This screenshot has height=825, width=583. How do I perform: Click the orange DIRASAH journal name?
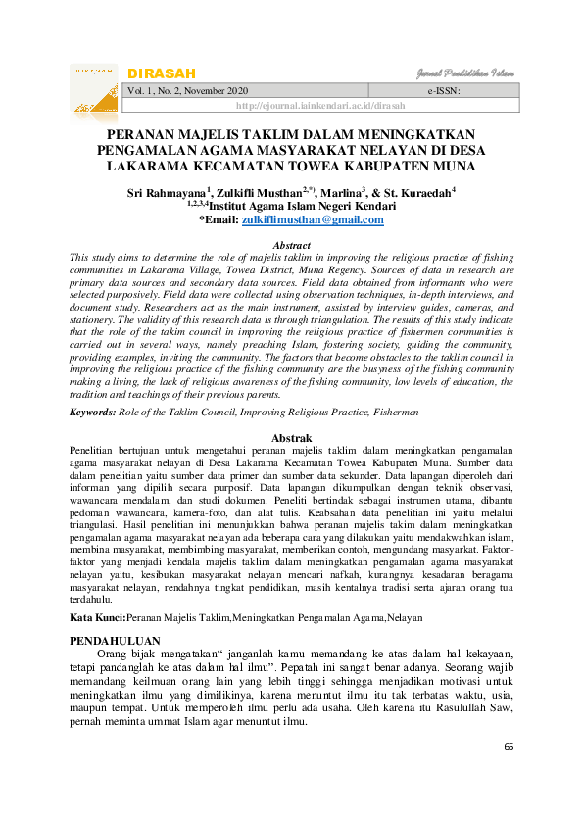click(x=162, y=74)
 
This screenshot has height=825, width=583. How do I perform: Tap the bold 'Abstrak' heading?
click(x=290, y=437)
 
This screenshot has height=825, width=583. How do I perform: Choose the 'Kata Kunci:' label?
click(x=97, y=618)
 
